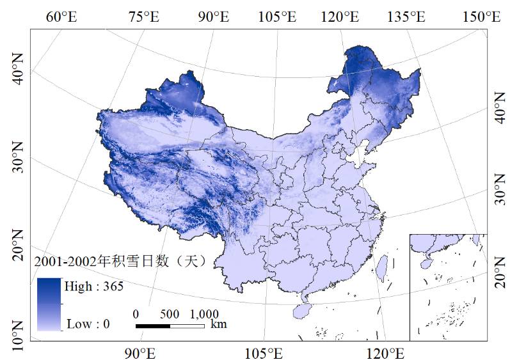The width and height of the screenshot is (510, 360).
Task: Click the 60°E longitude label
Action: click(x=61, y=17)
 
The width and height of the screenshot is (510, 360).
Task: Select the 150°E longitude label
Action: click(x=484, y=17)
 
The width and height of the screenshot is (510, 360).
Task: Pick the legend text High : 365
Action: click(x=93, y=286)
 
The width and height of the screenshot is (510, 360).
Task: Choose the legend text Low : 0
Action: click(x=88, y=324)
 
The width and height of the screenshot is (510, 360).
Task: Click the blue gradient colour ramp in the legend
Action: click(x=49, y=304)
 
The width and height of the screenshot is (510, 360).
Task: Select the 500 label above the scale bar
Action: click(x=170, y=315)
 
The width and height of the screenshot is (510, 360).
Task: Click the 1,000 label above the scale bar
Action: click(x=204, y=315)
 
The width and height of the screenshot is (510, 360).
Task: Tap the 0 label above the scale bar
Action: click(x=136, y=315)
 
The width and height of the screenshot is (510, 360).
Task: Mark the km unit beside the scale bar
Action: click(x=218, y=325)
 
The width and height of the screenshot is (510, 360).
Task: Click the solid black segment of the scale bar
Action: click(x=153, y=326)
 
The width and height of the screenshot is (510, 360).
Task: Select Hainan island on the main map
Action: click(x=305, y=310)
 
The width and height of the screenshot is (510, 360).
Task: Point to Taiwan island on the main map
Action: click(x=383, y=267)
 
